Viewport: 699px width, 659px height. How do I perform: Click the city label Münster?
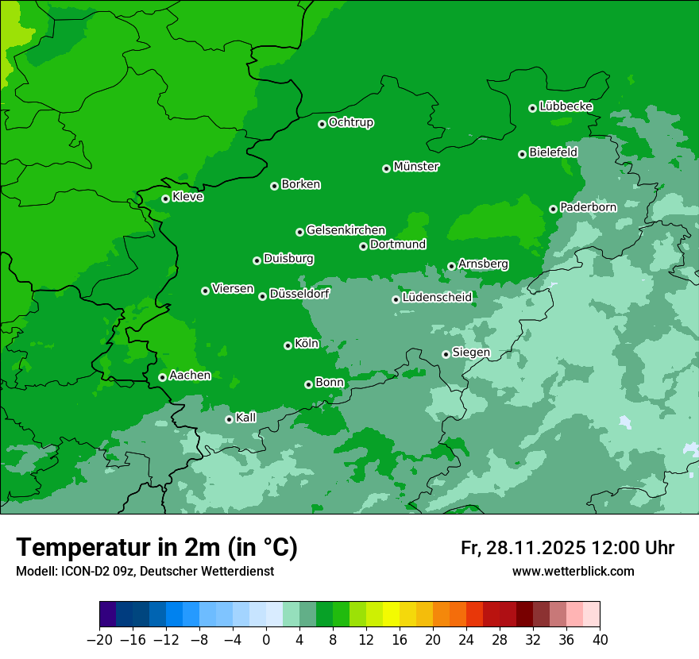[416, 167]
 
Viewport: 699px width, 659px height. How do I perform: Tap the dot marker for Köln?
[288, 345]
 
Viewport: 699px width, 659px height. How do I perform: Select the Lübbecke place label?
[566, 106]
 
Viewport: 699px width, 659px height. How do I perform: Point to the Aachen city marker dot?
[162, 377]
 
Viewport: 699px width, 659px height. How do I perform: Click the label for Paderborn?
[588, 207]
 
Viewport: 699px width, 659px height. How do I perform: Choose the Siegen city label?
[471, 353]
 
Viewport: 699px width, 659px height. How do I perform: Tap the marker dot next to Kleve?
[165, 198]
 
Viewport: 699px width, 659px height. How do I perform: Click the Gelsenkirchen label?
[346, 230]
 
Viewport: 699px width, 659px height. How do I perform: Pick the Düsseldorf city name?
[299, 294]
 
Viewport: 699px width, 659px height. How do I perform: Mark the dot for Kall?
[229, 419]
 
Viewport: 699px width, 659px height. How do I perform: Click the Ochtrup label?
[351, 122]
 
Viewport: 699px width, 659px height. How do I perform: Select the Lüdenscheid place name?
[437, 298]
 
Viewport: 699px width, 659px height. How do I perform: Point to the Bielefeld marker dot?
[522, 154]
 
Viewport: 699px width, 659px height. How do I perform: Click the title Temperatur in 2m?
[156, 548]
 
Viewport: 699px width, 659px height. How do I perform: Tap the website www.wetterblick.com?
[573, 572]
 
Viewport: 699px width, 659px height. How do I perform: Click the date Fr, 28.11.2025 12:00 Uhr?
[567, 548]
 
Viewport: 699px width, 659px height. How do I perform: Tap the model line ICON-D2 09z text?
[145, 572]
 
